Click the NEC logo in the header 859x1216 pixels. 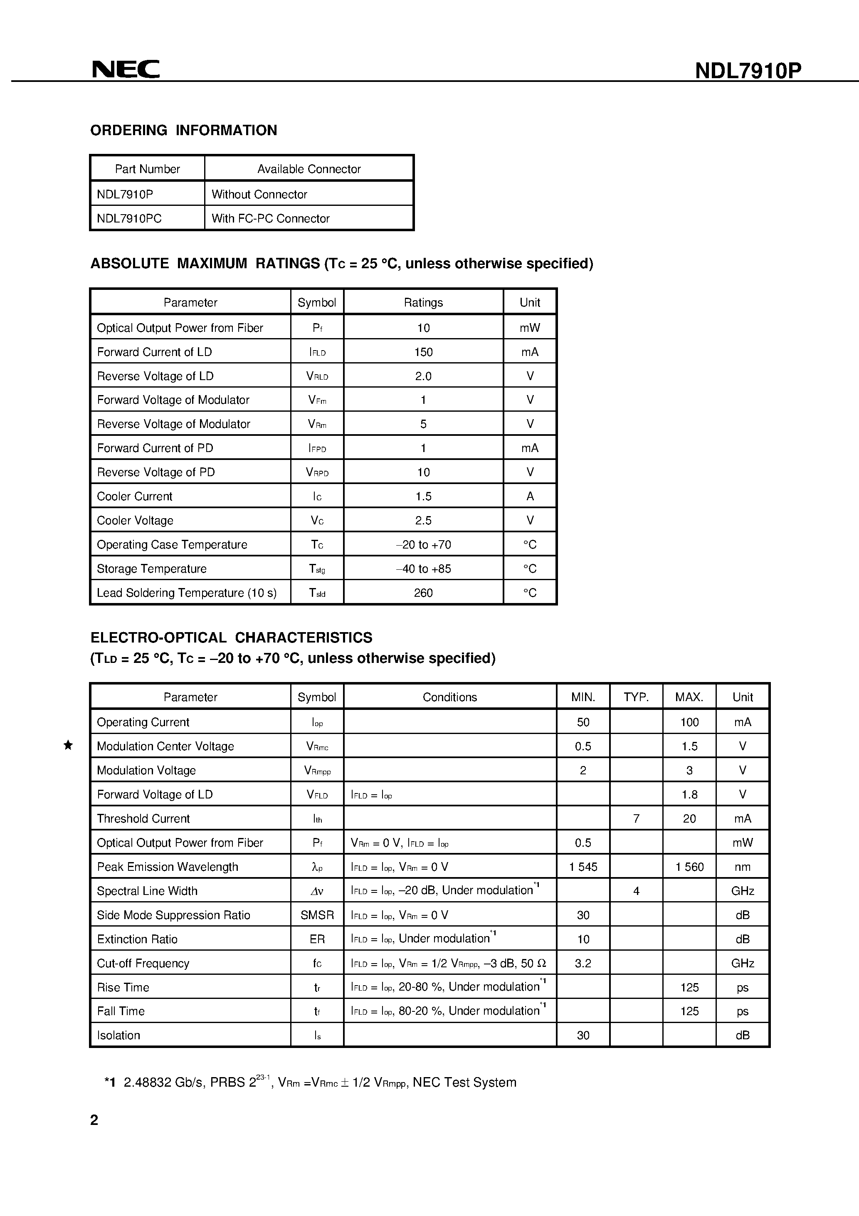(x=126, y=69)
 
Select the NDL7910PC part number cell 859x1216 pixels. (x=129, y=218)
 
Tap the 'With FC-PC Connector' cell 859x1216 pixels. (x=270, y=218)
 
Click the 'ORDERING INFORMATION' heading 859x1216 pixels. (x=183, y=130)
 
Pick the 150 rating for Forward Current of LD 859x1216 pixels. (x=423, y=352)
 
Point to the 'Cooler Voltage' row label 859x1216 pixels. (x=135, y=521)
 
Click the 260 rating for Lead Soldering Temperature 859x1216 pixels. (x=423, y=593)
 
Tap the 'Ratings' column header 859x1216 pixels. (x=423, y=302)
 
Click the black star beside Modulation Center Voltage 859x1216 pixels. (x=68, y=745)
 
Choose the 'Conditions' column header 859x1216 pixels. (x=449, y=697)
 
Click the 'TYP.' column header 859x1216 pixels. (x=636, y=697)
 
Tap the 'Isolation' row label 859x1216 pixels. (x=118, y=1036)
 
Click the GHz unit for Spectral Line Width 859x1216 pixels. (x=743, y=891)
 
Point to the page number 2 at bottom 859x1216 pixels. (x=94, y=1120)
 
